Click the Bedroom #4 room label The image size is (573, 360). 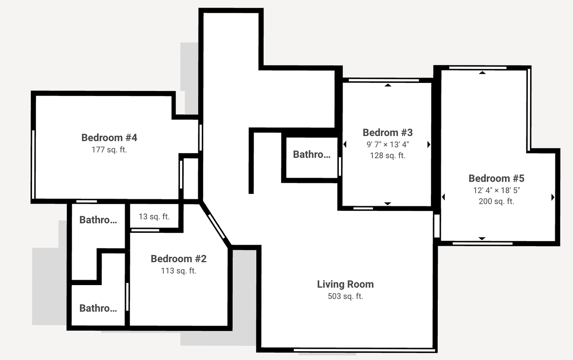click(x=109, y=138)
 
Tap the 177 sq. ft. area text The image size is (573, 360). click(x=109, y=150)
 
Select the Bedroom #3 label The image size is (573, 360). click(x=388, y=133)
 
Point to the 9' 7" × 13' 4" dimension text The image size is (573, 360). click(x=388, y=144)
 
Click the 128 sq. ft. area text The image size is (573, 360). click(x=388, y=156)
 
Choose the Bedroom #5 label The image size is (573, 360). click(x=496, y=178)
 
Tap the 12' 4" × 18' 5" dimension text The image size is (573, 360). click(x=496, y=190)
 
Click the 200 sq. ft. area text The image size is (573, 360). click(x=496, y=201)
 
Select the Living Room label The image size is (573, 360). click(x=345, y=284)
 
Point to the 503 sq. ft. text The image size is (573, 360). click(x=345, y=296)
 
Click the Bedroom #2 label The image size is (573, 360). click(x=178, y=259)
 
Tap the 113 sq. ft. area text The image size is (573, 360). click(x=178, y=271)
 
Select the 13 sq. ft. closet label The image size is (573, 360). click(x=154, y=217)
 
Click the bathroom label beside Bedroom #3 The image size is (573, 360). click(x=312, y=154)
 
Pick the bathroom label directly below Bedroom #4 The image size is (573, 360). click(x=98, y=220)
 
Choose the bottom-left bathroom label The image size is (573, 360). click(x=98, y=308)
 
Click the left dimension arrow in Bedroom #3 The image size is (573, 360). click(x=345, y=144)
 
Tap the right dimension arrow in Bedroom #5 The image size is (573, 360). click(x=552, y=197)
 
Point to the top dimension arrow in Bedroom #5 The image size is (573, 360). click(x=482, y=73)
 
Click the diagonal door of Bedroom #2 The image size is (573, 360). click(x=217, y=227)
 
